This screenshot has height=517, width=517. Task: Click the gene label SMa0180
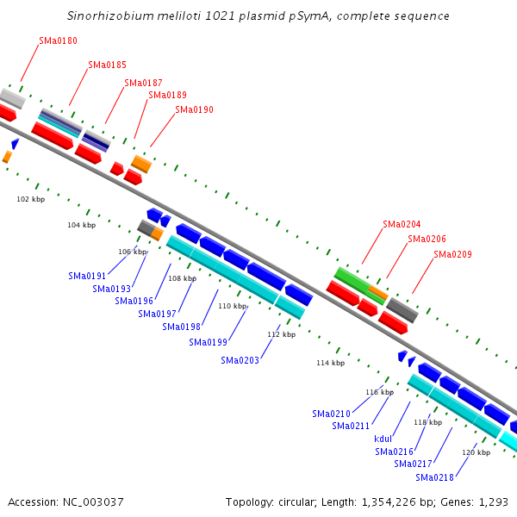pyautogui.click(x=58, y=40)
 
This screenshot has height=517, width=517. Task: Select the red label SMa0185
pyautogui.click(x=107, y=65)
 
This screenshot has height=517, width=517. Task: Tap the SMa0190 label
pyautogui.click(x=194, y=109)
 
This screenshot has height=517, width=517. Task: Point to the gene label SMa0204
pyautogui.click(x=402, y=224)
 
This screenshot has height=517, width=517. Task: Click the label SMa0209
pyautogui.click(x=452, y=254)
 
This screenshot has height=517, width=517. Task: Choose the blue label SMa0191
pyautogui.click(x=87, y=276)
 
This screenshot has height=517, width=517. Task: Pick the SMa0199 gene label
pyautogui.click(x=208, y=342)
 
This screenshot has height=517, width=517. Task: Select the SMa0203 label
pyautogui.click(x=240, y=360)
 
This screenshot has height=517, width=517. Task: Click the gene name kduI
pyautogui.click(x=383, y=439)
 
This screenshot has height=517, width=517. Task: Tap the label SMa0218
pyautogui.click(x=434, y=477)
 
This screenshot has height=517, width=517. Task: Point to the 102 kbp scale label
pyautogui.click(x=31, y=199)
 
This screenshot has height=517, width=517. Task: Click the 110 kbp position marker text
pyautogui.click(x=233, y=306)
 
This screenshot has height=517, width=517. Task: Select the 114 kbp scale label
pyautogui.click(x=331, y=363)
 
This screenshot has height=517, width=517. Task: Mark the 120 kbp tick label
pyautogui.click(x=477, y=452)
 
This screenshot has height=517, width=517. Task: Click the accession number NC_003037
pyautogui.click(x=93, y=502)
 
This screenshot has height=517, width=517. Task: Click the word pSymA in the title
pyautogui.click(x=309, y=16)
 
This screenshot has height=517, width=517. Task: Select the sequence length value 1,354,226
pyautogui.click(x=389, y=502)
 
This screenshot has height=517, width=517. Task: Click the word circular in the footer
pyautogui.click(x=296, y=502)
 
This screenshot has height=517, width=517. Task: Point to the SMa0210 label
pyautogui.click(x=332, y=414)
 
